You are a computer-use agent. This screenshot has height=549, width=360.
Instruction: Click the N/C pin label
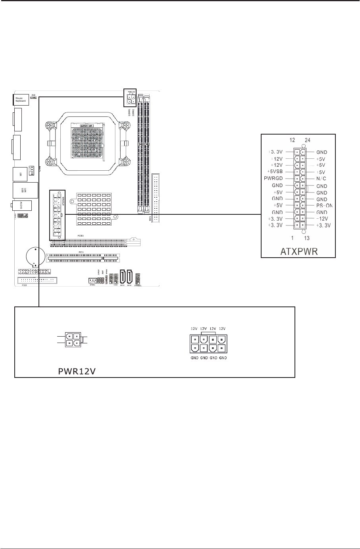(x=321, y=179)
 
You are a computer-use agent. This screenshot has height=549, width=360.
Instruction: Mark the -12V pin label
(x=323, y=219)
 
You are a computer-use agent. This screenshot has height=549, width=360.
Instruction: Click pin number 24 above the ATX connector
(x=308, y=140)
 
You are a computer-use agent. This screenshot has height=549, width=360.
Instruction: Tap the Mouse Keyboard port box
(x=20, y=100)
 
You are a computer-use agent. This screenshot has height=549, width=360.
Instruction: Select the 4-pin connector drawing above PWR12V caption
(x=72, y=339)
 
